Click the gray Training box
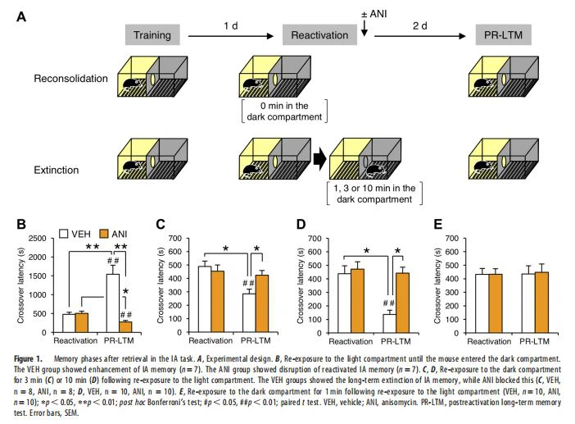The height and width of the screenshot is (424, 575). pyautogui.click(x=153, y=34)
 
